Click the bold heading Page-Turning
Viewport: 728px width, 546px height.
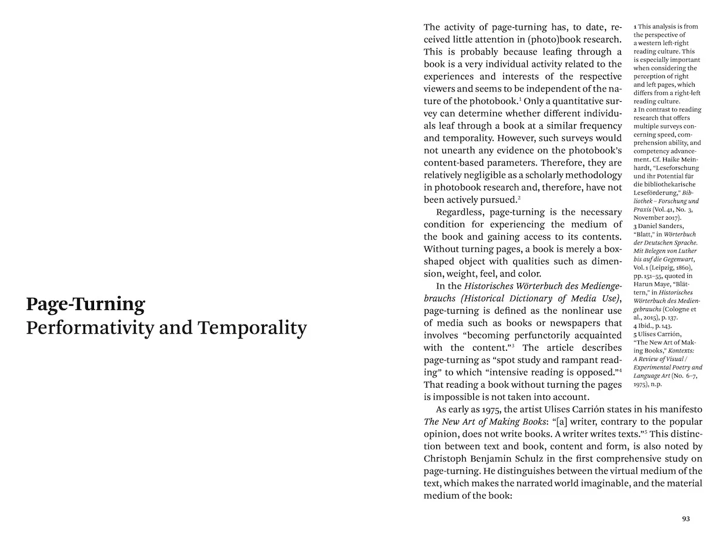[x=86, y=303]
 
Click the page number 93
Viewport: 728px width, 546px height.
[x=686, y=519]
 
